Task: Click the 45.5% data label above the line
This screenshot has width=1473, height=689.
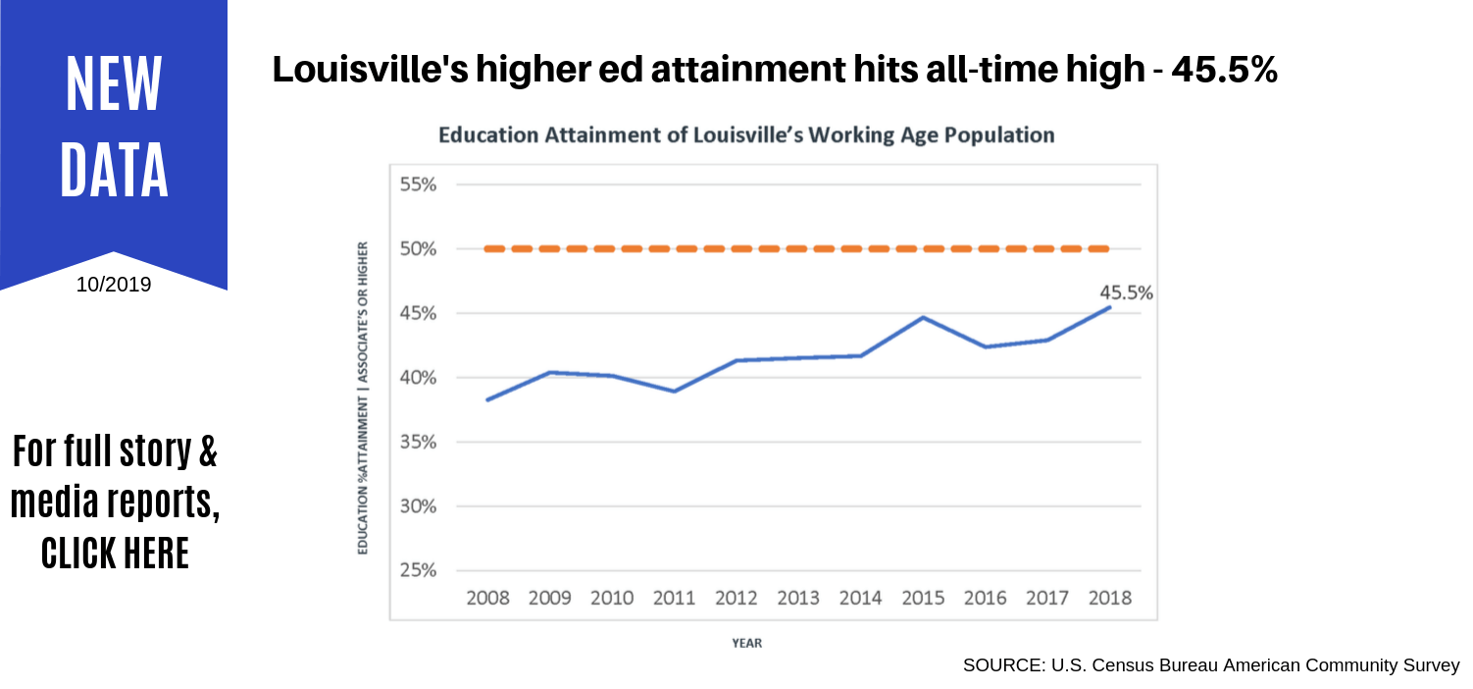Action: point(1127,292)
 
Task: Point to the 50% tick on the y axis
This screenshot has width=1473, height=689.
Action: point(418,249)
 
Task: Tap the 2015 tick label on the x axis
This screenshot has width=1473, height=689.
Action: point(922,598)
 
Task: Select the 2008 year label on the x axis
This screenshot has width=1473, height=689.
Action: point(488,598)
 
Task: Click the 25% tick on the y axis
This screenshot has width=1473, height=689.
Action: point(418,571)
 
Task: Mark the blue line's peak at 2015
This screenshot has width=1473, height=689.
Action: point(922,317)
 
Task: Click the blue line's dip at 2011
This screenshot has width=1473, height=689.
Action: point(674,391)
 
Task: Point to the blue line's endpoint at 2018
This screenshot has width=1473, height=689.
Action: point(1109,307)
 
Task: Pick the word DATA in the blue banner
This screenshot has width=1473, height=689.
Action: point(115,171)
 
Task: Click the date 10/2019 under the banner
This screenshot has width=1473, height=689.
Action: point(114,286)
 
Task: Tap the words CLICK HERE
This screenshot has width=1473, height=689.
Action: point(115,554)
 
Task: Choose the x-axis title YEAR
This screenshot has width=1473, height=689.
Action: point(747,643)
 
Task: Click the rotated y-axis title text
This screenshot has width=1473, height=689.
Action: point(363,397)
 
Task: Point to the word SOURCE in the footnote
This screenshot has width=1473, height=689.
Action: point(1002,665)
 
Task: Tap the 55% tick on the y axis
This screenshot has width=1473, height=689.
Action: point(418,185)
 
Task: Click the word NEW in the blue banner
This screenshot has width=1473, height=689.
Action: point(115,84)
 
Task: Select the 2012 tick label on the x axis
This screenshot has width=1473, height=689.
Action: point(736,598)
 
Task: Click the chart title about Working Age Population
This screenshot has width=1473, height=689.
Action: point(746,135)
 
